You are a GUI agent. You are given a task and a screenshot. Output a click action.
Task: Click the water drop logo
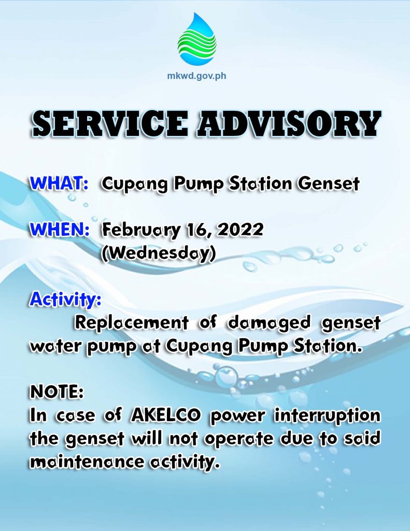click(196, 39)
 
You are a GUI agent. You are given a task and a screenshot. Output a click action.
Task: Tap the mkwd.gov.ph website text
click(196, 75)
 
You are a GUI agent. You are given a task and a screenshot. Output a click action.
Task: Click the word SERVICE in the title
click(110, 123)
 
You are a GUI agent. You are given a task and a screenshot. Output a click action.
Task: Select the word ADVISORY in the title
click(289, 123)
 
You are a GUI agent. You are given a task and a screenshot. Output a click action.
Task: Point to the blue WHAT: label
click(59, 184)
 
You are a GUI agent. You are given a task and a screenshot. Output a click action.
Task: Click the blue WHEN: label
click(60, 230)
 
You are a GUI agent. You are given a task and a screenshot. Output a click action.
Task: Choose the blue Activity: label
click(65, 299)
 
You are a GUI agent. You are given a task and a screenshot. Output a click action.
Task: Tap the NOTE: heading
click(56, 392)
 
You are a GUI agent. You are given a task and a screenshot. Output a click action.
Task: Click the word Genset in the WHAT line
click(329, 184)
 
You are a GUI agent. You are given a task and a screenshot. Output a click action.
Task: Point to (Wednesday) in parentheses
click(159, 254)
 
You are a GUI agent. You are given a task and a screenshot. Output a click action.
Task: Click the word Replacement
click(132, 323)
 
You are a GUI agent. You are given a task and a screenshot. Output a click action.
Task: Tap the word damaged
click(269, 323)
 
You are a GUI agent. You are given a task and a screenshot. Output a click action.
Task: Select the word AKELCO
click(165, 415)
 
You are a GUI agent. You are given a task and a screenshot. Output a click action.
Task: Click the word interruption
click(327, 416)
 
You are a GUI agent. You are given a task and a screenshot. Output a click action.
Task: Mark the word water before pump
click(56, 346)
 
